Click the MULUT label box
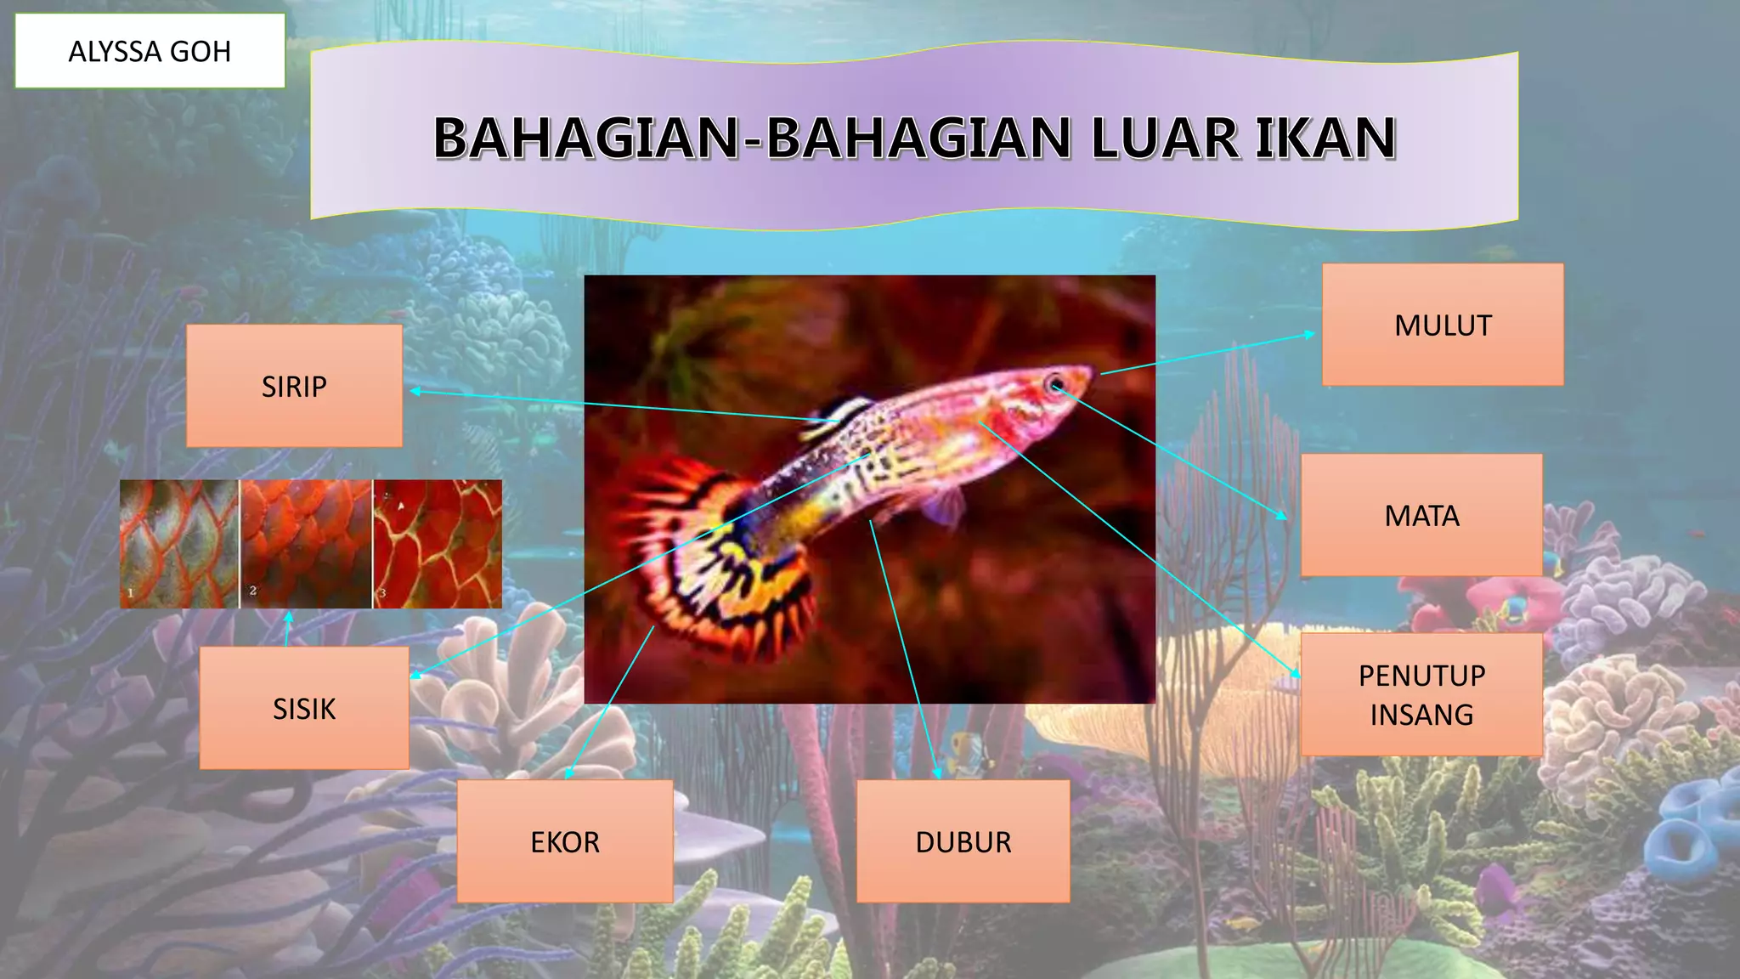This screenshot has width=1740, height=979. click(1442, 325)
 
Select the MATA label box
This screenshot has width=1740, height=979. click(1421, 515)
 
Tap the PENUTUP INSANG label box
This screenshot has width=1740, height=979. click(1421, 694)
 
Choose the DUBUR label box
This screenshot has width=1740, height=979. click(963, 841)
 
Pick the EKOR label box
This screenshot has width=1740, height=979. click(565, 841)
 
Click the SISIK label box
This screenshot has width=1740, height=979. click(304, 708)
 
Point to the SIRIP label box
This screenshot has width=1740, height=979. click(294, 386)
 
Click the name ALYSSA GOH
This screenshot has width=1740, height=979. click(150, 51)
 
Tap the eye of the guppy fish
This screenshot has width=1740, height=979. click(1055, 383)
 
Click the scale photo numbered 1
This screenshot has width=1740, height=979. click(179, 544)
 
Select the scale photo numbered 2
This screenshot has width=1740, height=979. click(307, 544)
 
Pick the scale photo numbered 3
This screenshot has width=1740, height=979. click(438, 544)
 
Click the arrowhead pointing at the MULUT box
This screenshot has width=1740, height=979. click(1309, 335)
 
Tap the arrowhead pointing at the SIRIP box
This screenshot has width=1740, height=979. click(415, 391)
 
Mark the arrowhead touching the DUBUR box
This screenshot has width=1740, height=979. click(937, 773)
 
